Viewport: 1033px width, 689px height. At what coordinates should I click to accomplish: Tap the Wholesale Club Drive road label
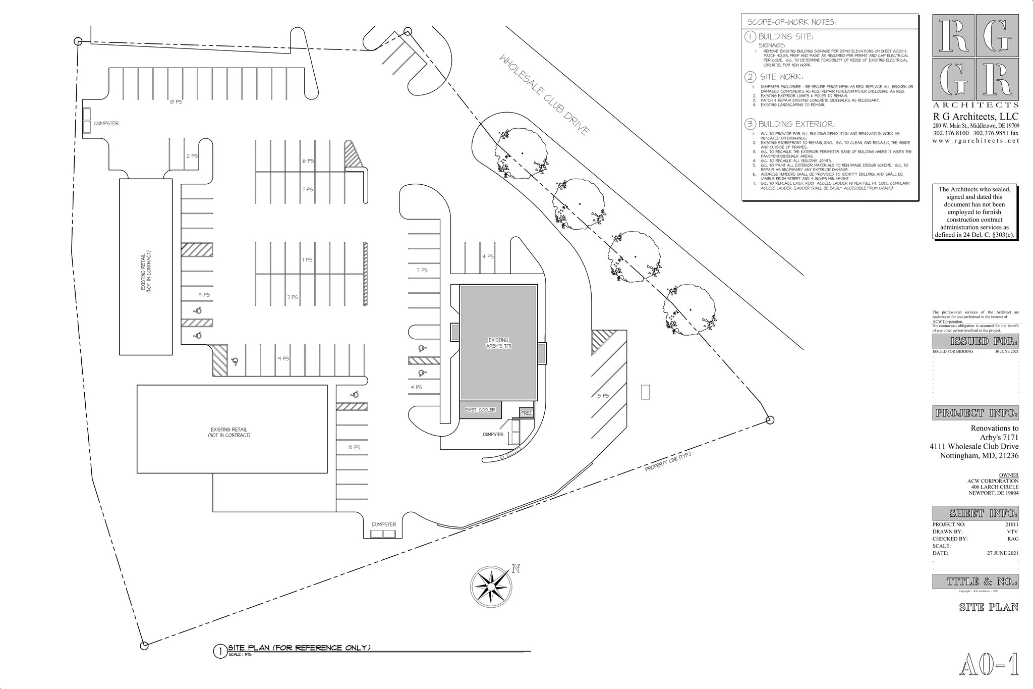pos(544,95)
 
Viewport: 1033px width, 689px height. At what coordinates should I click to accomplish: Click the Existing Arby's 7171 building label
pos(498,343)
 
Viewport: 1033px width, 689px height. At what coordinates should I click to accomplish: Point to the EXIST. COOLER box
pos(480,410)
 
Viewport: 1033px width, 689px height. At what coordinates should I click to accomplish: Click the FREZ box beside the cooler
pos(527,413)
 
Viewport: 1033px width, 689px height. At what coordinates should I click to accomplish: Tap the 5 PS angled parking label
pos(603,396)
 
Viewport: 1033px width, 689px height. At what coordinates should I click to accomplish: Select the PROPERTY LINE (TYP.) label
pos(667,462)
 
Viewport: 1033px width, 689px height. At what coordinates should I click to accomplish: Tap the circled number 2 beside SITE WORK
pos(750,77)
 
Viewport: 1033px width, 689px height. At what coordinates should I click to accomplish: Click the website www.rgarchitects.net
pos(975,141)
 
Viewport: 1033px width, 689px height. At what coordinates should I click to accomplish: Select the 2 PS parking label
pos(192,156)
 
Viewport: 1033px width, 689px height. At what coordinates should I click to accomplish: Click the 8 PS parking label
pos(354,447)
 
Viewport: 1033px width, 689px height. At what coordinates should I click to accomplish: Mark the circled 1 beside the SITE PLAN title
pos(220,651)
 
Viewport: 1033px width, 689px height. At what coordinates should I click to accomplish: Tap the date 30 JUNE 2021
pos(1007,351)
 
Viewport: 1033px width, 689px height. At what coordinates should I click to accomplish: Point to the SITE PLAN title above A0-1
pos(989,607)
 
